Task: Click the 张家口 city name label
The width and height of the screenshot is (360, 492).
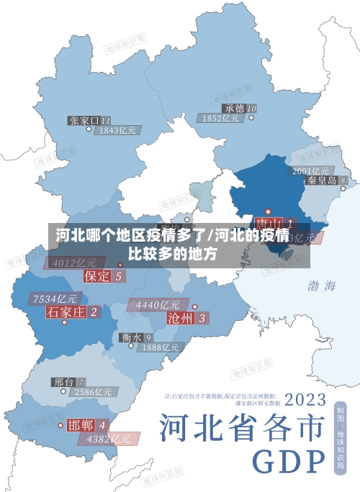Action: (84, 120)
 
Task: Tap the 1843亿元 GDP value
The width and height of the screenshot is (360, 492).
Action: (118, 131)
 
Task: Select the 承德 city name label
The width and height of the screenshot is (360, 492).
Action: (234, 109)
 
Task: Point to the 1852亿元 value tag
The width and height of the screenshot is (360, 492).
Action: (221, 119)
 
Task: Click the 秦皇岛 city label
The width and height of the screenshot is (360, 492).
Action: (322, 181)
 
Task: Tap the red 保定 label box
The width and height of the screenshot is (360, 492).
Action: (97, 275)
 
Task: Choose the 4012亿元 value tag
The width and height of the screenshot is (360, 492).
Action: (74, 263)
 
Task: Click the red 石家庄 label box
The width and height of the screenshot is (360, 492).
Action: (66, 311)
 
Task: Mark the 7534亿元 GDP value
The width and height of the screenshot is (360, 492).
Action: (55, 299)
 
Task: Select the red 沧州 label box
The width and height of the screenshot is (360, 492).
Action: (180, 317)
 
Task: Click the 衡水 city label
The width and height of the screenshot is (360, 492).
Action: (131, 337)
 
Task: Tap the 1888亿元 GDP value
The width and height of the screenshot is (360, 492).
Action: (160, 347)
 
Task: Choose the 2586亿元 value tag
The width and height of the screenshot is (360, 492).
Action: (93, 393)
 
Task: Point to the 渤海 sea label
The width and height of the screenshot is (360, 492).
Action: (322, 286)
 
